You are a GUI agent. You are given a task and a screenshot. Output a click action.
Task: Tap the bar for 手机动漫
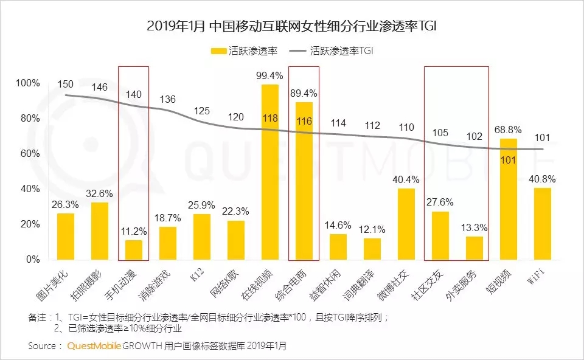[x=134, y=249]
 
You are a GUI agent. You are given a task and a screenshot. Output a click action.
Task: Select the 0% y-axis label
[x=32, y=260]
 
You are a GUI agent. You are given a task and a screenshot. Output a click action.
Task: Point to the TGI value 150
[x=66, y=83]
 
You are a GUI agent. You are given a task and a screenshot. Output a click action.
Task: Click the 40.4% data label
[x=406, y=179]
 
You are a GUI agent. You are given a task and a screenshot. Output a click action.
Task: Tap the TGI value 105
[x=440, y=133]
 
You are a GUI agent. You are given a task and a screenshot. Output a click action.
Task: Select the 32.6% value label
[x=100, y=193]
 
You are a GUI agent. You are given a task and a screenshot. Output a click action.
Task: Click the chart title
[x=292, y=26]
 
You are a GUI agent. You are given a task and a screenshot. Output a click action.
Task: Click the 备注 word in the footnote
[x=37, y=317]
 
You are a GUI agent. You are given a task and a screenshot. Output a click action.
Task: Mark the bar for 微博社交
[x=406, y=224]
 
